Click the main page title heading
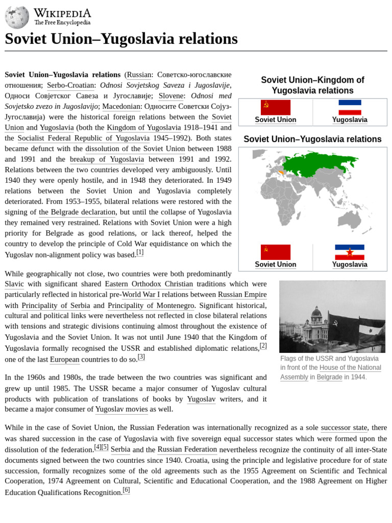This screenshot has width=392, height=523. click(x=121, y=39)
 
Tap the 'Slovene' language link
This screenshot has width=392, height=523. click(x=173, y=96)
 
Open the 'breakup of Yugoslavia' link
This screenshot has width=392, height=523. click(x=107, y=159)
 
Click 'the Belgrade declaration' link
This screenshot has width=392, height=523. click(x=77, y=212)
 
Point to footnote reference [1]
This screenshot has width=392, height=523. click(x=140, y=252)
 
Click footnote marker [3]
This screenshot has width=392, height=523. click(x=141, y=357)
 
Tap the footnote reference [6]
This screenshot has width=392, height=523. click(x=126, y=490)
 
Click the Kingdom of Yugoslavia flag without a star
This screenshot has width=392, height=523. click(x=350, y=107)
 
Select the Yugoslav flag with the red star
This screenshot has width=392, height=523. click(x=350, y=252)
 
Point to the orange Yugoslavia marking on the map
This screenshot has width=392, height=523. click(x=278, y=172)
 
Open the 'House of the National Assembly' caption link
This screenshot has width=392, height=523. click(x=350, y=368)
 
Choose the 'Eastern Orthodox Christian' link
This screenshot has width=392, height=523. click(x=149, y=284)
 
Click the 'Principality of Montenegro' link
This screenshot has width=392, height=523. click(x=151, y=305)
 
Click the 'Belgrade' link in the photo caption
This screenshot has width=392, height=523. click(x=329, y=377)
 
